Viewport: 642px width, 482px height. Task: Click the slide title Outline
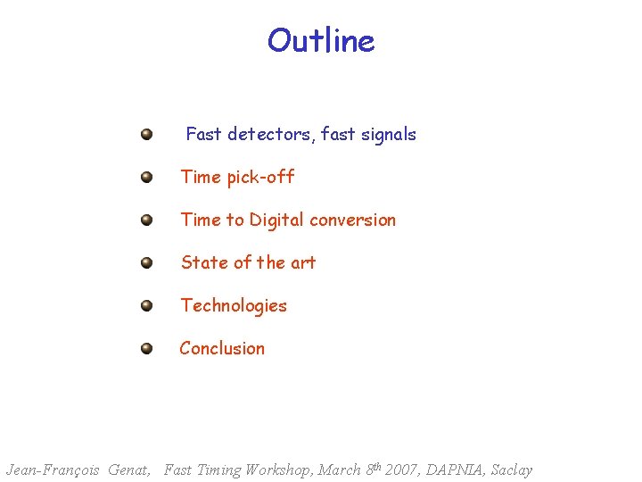click(x=321, y=41)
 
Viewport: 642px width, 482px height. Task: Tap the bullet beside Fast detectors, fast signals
click(x=146, y=135)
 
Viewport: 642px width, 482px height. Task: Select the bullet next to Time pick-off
click(x=146, y=178)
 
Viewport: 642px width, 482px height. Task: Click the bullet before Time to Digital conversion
click(x=146, y=220)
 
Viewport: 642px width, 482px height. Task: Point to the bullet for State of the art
click(x=146, y=263)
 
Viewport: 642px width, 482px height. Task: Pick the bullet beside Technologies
click(x=146, y=306)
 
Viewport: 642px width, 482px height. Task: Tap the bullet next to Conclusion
click(x=146, y=349)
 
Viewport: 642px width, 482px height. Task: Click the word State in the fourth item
click(x=204, y=263)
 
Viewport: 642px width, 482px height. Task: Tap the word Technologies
click(x=234, y=306)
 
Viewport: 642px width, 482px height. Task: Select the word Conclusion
click(x=222, y=349)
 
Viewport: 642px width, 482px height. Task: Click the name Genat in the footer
click(x=128, y=470)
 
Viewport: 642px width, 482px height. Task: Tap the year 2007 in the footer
click(x=404, y=470)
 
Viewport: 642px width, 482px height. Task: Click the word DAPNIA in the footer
click(x=457, y=470)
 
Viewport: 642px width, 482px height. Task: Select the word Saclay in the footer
click(x=512, y=470)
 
